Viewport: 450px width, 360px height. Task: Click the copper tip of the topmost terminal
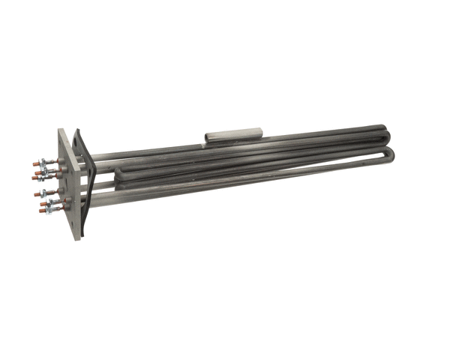[35, 163]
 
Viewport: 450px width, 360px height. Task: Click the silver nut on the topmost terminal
[43, 161]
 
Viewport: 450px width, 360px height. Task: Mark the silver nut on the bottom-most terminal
[49, 209]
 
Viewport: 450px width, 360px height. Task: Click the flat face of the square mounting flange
[68, 187]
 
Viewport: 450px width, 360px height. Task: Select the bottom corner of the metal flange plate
[78, 238]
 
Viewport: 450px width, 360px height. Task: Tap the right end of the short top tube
[259, 132]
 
